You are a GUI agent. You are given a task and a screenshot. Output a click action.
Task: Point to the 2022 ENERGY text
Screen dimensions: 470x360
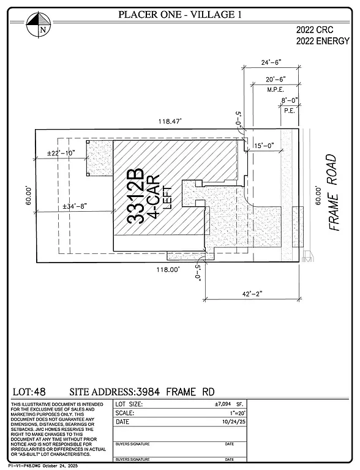click(x=323, y=42)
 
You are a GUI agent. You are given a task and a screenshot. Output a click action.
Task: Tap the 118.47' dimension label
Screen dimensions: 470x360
click(x=171, y=122)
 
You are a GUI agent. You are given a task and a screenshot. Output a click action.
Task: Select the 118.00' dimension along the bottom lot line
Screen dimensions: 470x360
click(x=170, y=269)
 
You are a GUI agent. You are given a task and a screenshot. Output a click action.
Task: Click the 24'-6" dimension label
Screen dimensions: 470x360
click(x=270, y=62)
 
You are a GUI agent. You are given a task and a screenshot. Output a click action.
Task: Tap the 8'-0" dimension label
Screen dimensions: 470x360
click(x=289, y=100)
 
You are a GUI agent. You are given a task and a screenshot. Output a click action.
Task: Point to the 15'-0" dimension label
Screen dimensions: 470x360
click(x=267, y=145)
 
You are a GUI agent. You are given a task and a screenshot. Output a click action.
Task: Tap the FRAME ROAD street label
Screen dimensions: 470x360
click(x=332, y=192)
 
